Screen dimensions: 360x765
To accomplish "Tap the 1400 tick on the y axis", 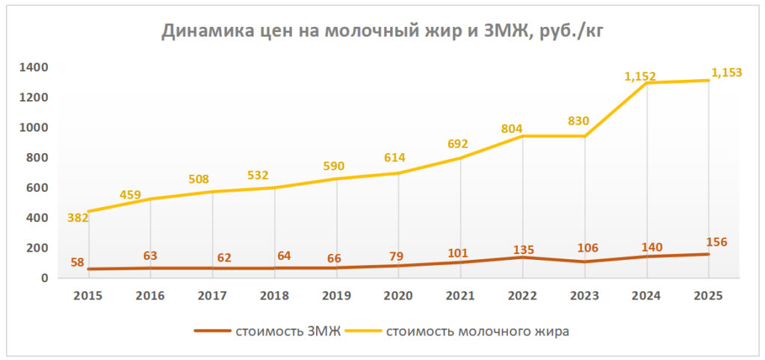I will point(35,68).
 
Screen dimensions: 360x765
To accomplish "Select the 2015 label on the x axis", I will point(89,296).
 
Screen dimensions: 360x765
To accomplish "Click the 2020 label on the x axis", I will point(398,296).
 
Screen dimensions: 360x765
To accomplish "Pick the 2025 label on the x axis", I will point(707,296).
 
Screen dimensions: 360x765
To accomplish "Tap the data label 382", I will point(78,218).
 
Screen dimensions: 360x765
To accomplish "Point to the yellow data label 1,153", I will point(726,73).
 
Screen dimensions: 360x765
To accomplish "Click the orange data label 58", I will point(78,263).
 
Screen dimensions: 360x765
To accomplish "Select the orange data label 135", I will point(523,250).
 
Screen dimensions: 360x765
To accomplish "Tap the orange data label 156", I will point(716,242).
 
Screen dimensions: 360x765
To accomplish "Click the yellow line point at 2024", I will point(646,83).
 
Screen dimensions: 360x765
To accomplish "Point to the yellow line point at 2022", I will point(523,136).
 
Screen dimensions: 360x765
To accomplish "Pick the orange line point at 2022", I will point(523,258).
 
